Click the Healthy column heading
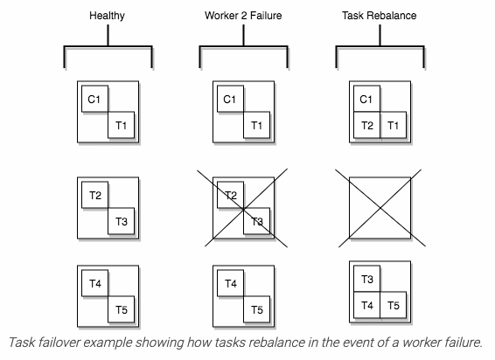[x=107, y=16]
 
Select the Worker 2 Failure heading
[x=243, y=16]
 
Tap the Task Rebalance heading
[x=380, y=16]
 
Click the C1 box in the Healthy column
[x=94, y=99]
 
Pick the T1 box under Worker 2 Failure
[x=256, y=125]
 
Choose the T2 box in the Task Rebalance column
[x=366, y=125]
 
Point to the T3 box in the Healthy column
[x=122, y=221]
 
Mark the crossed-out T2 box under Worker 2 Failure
[x=231, y=195]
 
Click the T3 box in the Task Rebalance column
[x=366, y=279]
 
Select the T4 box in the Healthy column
[x=94, y=283]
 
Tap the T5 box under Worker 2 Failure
[x=256, y=309]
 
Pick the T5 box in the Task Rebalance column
[x=393, y=305]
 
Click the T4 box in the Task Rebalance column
[x=366, y=305]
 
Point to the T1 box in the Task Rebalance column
[x=393, y=125]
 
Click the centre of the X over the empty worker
[x=380, y=208]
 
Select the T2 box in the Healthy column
[x=94, y=195]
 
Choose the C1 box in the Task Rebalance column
[x=366, y=99]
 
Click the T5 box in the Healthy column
[x=122, y=309]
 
